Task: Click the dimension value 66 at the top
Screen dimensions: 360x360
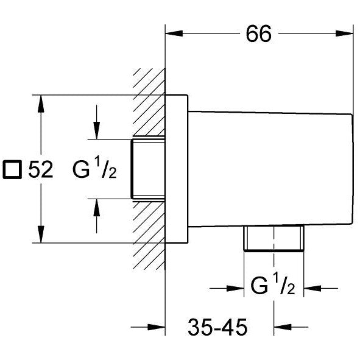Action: pyautogui.click(x=258, y=34)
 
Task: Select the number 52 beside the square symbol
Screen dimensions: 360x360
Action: pyautogui.click(x=41, y=169)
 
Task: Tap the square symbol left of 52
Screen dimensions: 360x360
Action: pyautogui.click(x=12, y=169)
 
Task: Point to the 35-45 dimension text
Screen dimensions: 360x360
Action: pyautogui.click(x=217, y=327)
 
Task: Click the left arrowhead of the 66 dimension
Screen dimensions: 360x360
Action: pyautogui.click(x=174, y=34)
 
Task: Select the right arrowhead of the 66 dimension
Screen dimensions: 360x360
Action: pyautogui.click(x=344, y=34)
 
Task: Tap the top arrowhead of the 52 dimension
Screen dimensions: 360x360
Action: pyautogui.click(x=41, y=104)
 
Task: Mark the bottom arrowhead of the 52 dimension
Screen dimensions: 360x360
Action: pyautogui.click(x=41, y=234)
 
